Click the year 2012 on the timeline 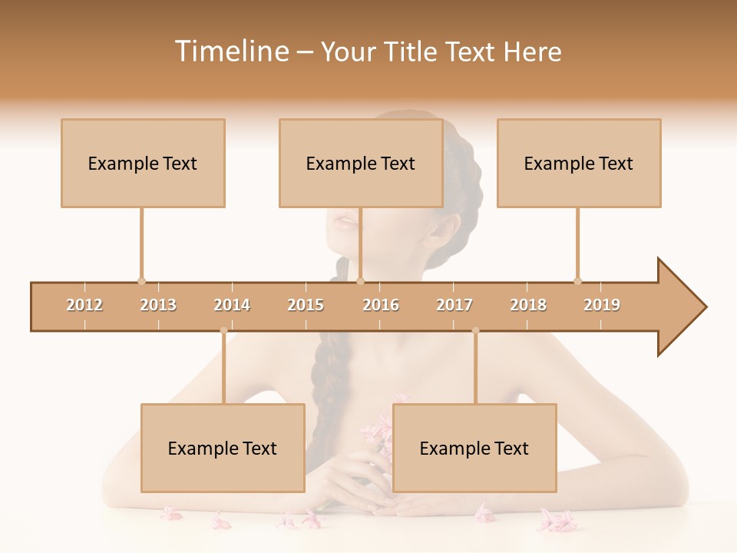84,305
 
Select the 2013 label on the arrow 158,305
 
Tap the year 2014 232,305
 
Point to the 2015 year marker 306,305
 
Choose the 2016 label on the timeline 381,305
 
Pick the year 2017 454,305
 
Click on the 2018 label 528,305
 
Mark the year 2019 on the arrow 602,305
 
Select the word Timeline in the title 231,51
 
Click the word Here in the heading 532,51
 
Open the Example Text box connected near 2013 143,163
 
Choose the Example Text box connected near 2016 361,163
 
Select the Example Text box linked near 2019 579,163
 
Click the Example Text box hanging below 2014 223,448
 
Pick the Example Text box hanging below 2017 474,448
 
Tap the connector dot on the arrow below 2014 223,330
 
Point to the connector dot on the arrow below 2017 475,330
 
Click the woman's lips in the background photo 345,221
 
